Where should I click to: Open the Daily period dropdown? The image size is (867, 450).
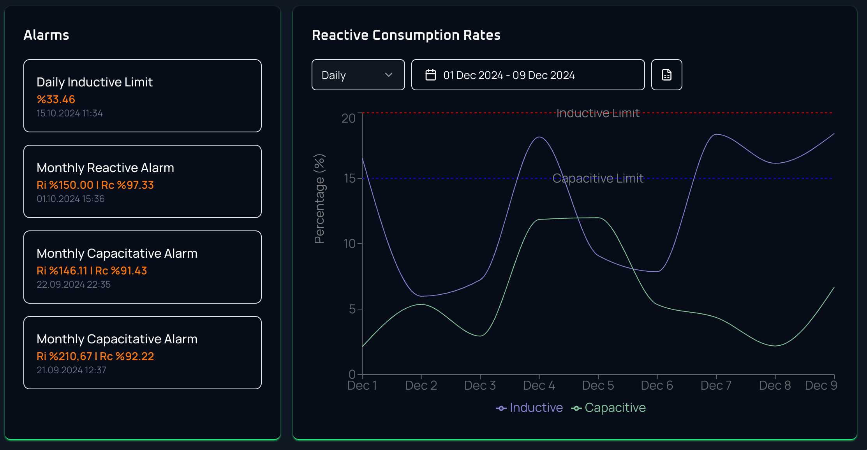click(358, 75)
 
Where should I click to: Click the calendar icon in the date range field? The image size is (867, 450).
click(430, 75)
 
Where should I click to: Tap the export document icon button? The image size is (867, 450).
click(666, 75)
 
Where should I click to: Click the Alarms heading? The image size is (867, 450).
click(46, 35)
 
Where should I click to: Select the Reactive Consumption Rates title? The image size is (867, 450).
click(406, 35)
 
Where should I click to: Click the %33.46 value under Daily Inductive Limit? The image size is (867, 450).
click(56, 100)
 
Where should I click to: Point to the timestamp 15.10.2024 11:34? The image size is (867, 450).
click(70, 113)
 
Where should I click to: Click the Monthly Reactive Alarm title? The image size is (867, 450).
click(105, 168)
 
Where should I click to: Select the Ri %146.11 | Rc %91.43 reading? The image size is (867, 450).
click(92, 271)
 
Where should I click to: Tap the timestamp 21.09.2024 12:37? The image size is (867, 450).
click(71, 370)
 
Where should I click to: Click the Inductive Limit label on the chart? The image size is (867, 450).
click(598, 113)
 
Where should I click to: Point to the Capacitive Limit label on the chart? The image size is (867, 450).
click(598, 178)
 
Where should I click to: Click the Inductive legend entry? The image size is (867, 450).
click(529, 408)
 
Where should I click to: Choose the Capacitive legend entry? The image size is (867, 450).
click(608, 408)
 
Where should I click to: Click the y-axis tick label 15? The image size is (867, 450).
click(350, 178)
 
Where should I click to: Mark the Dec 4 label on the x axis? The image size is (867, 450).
click(539, 385)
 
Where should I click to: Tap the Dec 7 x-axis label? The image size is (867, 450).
click(716, 385)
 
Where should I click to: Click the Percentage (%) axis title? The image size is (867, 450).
click(319, 199)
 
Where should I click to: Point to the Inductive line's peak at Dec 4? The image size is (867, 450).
click(539, 137)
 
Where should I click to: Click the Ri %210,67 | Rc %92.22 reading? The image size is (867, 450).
click(95, 357)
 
